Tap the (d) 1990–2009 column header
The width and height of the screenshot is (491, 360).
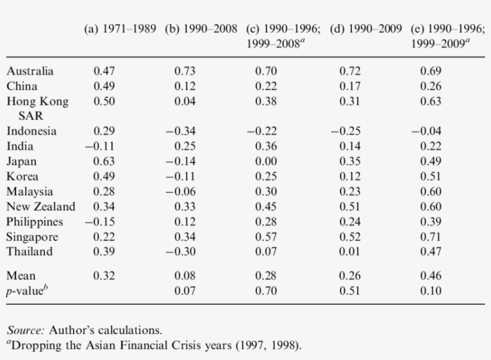tap(366, 28)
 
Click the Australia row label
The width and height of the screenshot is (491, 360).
tap(30, 71)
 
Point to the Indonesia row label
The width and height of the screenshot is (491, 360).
tap(32, 131)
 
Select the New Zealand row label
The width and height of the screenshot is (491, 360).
tap(41, 207)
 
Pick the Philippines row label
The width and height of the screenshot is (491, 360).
tap(35, 222)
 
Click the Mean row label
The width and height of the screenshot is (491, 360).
tap(21, 276)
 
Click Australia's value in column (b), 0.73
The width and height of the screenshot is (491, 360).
tap(184, 71)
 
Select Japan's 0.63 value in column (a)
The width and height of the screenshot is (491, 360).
tap(104, 161)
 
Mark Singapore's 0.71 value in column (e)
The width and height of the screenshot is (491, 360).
tap(431, 237)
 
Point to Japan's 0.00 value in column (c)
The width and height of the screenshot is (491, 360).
tap(266, 161)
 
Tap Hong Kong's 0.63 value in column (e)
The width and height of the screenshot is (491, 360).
tap(431, 101)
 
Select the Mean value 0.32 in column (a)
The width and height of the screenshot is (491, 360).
tap(104, 276)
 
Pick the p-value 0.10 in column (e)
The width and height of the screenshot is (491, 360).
tap(431, 291)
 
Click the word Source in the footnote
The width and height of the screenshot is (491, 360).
tap(26, 330)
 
